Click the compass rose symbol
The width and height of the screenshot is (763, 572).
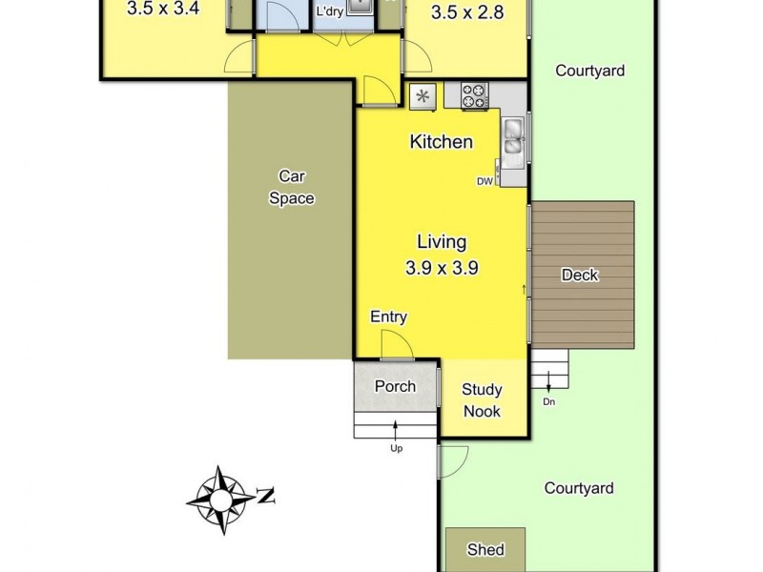(x=222, y=499)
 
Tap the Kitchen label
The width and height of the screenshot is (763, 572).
(x=441, y=142)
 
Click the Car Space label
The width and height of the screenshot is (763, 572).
(x=292, y=187)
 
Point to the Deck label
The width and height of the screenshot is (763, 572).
(x=579, y=276)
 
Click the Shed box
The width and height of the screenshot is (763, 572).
(x=485, y=548)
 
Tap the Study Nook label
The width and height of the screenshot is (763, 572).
(x=482, y=400)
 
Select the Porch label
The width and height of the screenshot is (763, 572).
(x=395, y=386)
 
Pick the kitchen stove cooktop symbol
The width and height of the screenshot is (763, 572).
(x=475, y=94)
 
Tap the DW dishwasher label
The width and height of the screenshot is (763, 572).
(x=485, y=181)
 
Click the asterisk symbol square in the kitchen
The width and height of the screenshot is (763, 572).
(x=423, y=95)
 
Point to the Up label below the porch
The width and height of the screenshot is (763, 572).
(x=396, y=447)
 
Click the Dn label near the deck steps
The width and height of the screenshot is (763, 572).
(x=549, y=401)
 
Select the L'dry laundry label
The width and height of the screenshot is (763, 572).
(x=331, y=12)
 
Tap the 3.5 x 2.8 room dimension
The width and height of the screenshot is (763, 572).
(x=466, y=13)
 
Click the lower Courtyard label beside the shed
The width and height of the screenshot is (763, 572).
(x=579, y=488)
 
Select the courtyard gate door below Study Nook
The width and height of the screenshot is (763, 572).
(x=452, y=461)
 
